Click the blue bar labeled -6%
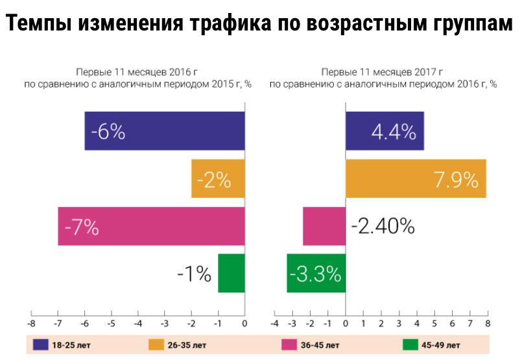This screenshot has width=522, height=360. [x=164, y=131]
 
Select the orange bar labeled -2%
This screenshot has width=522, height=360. [x=218, y=178]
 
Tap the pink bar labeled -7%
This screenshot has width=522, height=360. [x=151, y=226]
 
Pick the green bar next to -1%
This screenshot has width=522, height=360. [x=231, y=274]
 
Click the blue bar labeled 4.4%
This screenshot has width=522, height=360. [x=385, y=131]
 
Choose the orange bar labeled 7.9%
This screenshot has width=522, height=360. [x=416, y=178]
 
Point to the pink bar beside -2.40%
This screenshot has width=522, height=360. [x=324, y=226]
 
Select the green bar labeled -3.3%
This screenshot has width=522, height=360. [x=316, y=274]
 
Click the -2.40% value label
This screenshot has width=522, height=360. [x=383, y=226]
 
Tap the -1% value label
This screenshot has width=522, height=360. [x=195, y=274]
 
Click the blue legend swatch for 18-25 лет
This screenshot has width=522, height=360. [x=41, y=344]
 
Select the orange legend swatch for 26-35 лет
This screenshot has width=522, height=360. [x=156, y=344]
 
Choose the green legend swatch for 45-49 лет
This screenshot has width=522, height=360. [x=409, y=344]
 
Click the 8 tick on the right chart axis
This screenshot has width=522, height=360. [x=486, y=323]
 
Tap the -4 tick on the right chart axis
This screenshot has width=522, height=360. [x=274, y=323]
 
